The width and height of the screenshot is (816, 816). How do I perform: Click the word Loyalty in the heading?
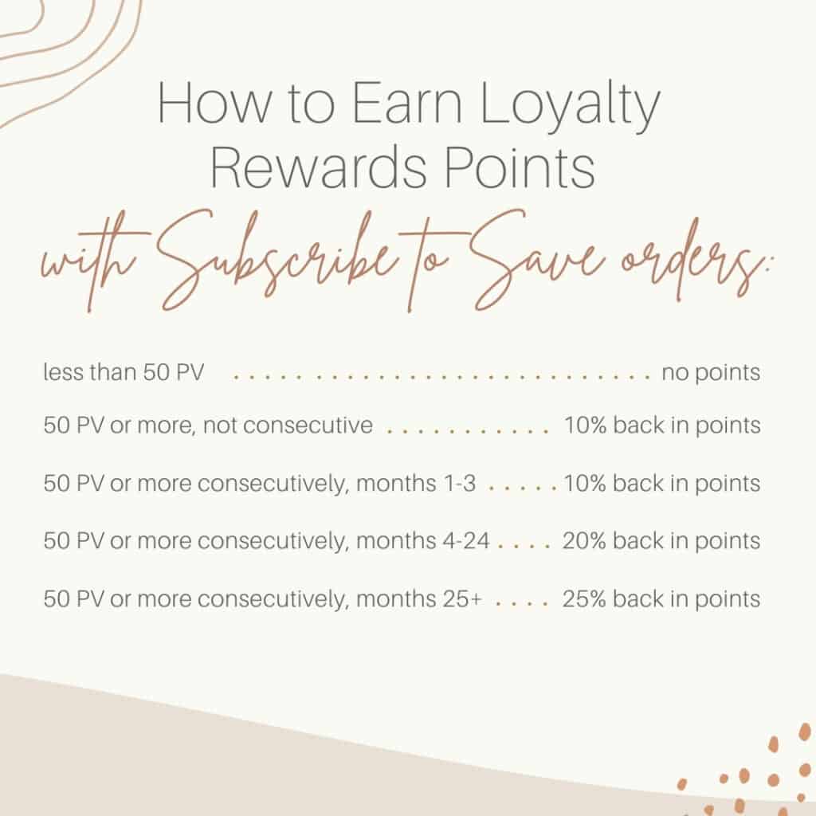click(x=569, y=105)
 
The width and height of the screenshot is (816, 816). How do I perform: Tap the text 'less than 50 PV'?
click(x=124, y=373)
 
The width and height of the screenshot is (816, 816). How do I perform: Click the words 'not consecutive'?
click(x=288, y=426)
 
